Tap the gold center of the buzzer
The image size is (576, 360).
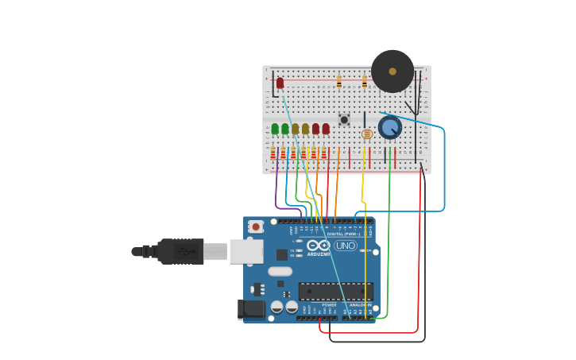click(x=392, y=72)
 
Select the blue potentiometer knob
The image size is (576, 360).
click(x=389, y=127)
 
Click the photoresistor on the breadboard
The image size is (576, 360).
click(x=366, y=134)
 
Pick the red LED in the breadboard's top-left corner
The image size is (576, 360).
click(x=280, y=83)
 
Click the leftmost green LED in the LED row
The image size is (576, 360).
click(x=275, y=129)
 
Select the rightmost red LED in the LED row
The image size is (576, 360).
click(x=326, y=129)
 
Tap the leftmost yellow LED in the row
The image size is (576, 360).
click(x=296, y=129)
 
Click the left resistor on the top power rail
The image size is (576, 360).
click(x=338, y=81)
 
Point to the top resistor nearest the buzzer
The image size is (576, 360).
click(x=365, y=81)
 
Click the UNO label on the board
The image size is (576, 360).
click(x=345, y=246)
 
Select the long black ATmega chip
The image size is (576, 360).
click(x=335, y=292)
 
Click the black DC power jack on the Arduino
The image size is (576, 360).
click(x=252, y=309)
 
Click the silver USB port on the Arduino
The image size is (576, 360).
click(x=246, y=251)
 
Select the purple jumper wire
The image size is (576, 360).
click(x=276, y=191)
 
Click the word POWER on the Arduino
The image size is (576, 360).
click(x=329, y=304)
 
